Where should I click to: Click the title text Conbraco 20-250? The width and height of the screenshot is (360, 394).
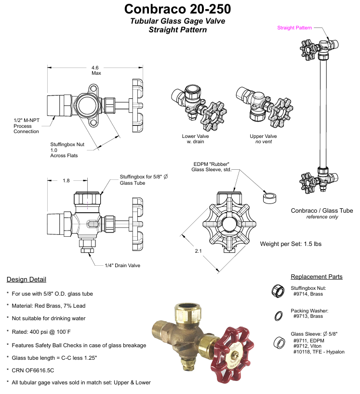pos(177,9)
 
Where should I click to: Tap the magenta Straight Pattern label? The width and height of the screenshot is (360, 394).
pos(294,27)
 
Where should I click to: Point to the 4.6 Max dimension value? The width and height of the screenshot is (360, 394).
pos(95,70)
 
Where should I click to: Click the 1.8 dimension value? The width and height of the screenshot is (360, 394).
pos(66,180)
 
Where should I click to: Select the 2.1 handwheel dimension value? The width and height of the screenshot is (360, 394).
pos(199,251)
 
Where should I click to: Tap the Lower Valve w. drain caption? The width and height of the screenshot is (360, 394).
pos(195,139)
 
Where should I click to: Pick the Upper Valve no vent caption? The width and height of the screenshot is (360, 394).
pos(263,139)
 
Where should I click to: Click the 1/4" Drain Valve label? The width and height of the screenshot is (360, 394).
pos(122,265)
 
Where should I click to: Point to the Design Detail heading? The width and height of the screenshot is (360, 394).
pos(27,279)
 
